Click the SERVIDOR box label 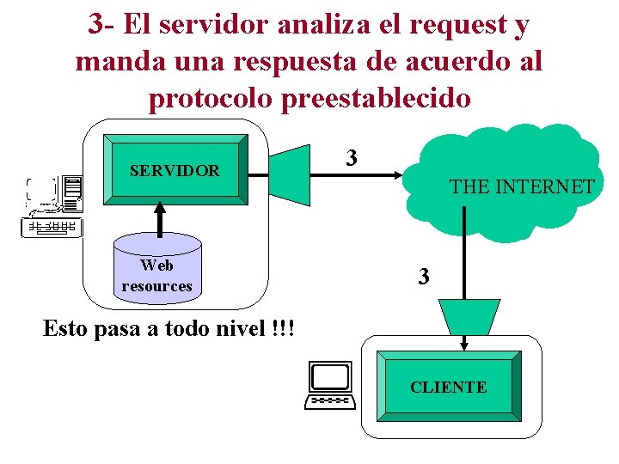pos(175,171)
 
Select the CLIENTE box pos(448,387)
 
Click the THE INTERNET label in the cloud pos(522,186)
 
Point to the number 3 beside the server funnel pos(351,158)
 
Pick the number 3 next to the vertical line pos(423,277)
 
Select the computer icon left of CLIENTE pos(330,385)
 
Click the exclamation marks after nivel pos(282,329)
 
